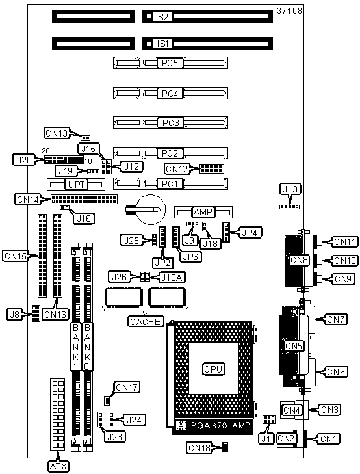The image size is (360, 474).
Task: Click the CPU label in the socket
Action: coord(213,369)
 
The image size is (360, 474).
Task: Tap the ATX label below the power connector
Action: coord(58,466)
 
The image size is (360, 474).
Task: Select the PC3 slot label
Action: coord(171,123)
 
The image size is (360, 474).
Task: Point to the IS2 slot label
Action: coord(162,17)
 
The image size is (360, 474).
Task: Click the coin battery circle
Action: coord(151,209)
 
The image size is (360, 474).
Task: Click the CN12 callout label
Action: coord(177,168)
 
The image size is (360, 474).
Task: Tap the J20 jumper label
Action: coord(24,159)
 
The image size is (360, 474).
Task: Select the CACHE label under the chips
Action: coord(146,321)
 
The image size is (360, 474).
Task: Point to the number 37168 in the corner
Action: coord(289,11)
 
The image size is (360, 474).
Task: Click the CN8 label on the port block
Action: coord(299,260)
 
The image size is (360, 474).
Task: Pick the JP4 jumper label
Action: coord(251,233)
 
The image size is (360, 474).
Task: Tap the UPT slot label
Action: coord(76,185)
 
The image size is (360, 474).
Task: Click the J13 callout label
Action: coord(290,189)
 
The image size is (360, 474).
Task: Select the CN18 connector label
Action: coord(199,448)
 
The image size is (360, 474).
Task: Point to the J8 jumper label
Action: coord(14,315)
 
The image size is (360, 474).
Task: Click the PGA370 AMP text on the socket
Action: coord(220,425)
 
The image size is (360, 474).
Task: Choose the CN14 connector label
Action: coord(28,200)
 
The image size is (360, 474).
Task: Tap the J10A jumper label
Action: coord(172,277)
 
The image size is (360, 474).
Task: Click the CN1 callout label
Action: coord(329,439)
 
